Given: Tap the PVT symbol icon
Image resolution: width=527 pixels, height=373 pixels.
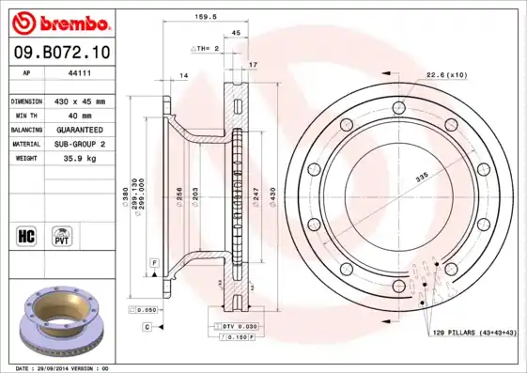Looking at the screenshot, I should pos(62,235).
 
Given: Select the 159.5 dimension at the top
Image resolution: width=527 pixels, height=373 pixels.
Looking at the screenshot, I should pos(192,15).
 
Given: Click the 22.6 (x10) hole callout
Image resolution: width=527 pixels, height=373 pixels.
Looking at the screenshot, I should pos(445,74).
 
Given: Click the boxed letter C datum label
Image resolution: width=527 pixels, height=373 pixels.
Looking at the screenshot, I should pos(147,326).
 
